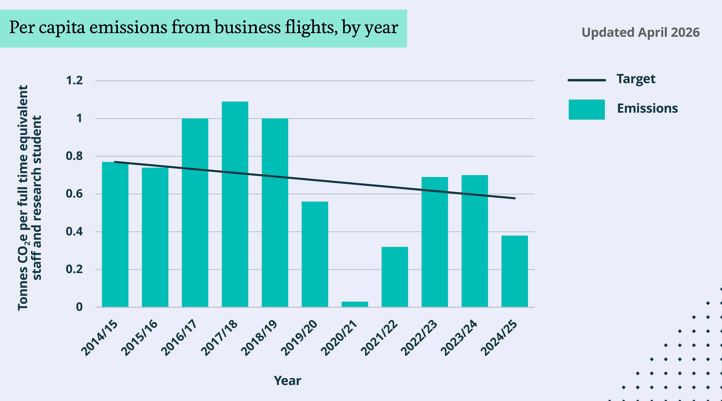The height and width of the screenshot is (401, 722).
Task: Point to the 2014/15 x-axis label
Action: point(100,338)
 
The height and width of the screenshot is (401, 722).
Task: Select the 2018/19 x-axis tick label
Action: point(259,338)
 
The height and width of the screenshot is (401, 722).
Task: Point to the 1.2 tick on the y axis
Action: point(74,81)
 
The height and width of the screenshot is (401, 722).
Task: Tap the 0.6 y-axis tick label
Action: point(74,194)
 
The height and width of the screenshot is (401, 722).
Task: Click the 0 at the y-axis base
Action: point(79,307)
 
